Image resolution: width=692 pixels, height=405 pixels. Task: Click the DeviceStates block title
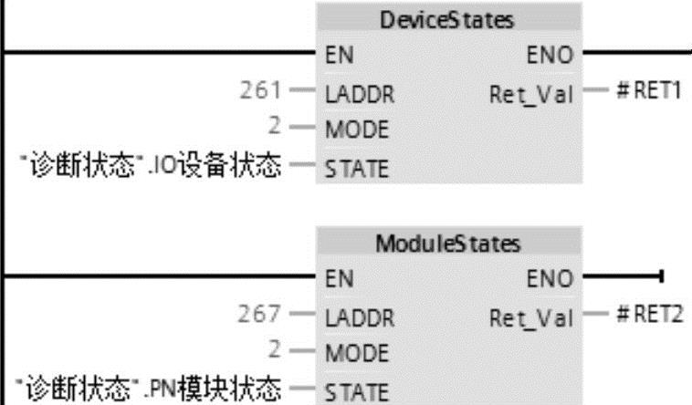tap(447, 20)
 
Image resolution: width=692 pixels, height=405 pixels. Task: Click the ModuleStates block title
tap(447, 244)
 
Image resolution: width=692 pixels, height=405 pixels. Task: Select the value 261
tap(258, 92)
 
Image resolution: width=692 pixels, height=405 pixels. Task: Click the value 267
tap(258, 316)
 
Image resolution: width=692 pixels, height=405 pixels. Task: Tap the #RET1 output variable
tap(648, 93)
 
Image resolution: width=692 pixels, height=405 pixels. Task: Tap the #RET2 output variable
tap(648, 316)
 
